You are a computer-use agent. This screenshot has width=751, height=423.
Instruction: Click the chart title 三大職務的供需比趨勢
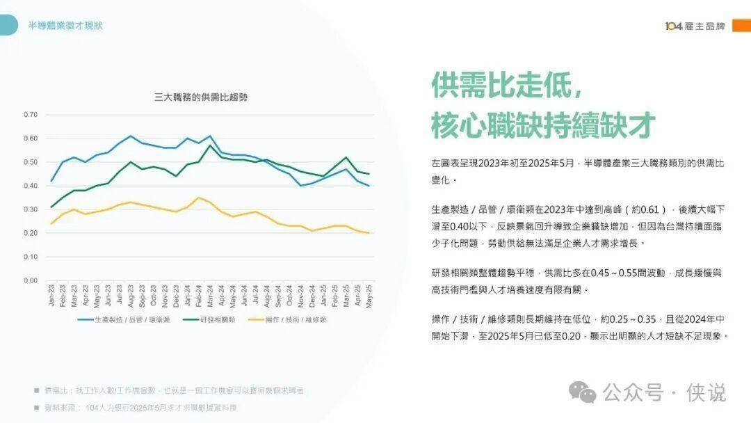200,97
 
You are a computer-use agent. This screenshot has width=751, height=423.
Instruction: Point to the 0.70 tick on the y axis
30,114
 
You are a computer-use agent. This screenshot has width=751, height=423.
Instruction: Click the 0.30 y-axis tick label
30,209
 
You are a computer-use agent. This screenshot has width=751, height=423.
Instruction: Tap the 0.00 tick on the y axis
30,280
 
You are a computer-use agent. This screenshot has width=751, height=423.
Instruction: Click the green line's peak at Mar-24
210,145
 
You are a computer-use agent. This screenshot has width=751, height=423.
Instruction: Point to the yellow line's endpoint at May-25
369,233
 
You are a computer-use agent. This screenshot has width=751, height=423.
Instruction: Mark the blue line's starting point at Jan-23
52,181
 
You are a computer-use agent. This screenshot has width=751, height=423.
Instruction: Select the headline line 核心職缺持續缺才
543,125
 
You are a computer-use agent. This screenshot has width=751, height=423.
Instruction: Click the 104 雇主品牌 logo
695,26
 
